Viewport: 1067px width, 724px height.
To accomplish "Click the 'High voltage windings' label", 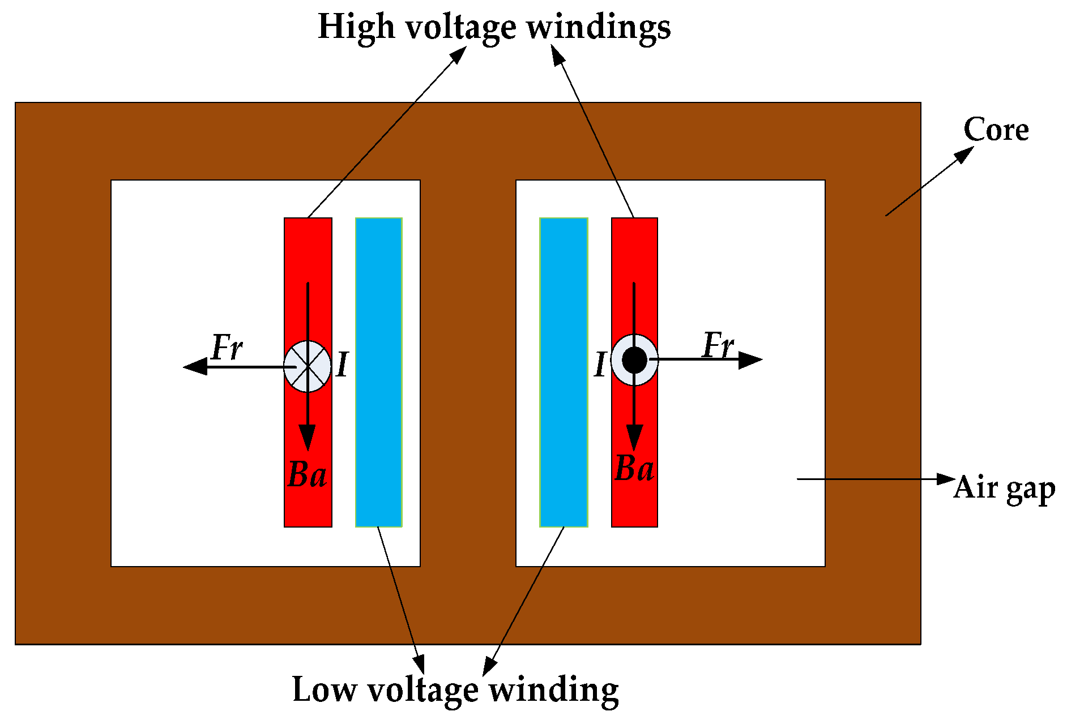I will point(494,27).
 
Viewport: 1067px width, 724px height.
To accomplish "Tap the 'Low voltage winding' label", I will point(455,689).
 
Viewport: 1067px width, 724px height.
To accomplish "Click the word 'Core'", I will point(996,130).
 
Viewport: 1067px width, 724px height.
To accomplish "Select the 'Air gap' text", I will point(1004,488).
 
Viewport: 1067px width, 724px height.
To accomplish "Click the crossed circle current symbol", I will point(308,367).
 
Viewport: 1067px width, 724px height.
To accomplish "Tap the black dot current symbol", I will point(634,359).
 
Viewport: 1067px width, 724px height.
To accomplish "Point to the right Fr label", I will point(718,345).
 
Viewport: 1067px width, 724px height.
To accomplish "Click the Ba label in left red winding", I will point(307,474).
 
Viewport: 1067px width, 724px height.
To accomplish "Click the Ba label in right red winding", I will point(634,469).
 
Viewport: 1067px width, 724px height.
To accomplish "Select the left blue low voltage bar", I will point(378,372).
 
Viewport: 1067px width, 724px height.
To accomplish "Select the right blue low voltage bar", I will point(564,372).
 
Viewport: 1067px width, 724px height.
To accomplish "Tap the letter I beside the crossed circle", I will point(342,365).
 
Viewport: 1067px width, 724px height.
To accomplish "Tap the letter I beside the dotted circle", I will point(600,365).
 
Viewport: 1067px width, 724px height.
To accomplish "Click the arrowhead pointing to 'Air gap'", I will point(946,479).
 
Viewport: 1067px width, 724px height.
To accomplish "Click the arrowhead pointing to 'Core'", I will point(964,154).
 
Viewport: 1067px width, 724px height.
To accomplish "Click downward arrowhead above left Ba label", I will point(308,439).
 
